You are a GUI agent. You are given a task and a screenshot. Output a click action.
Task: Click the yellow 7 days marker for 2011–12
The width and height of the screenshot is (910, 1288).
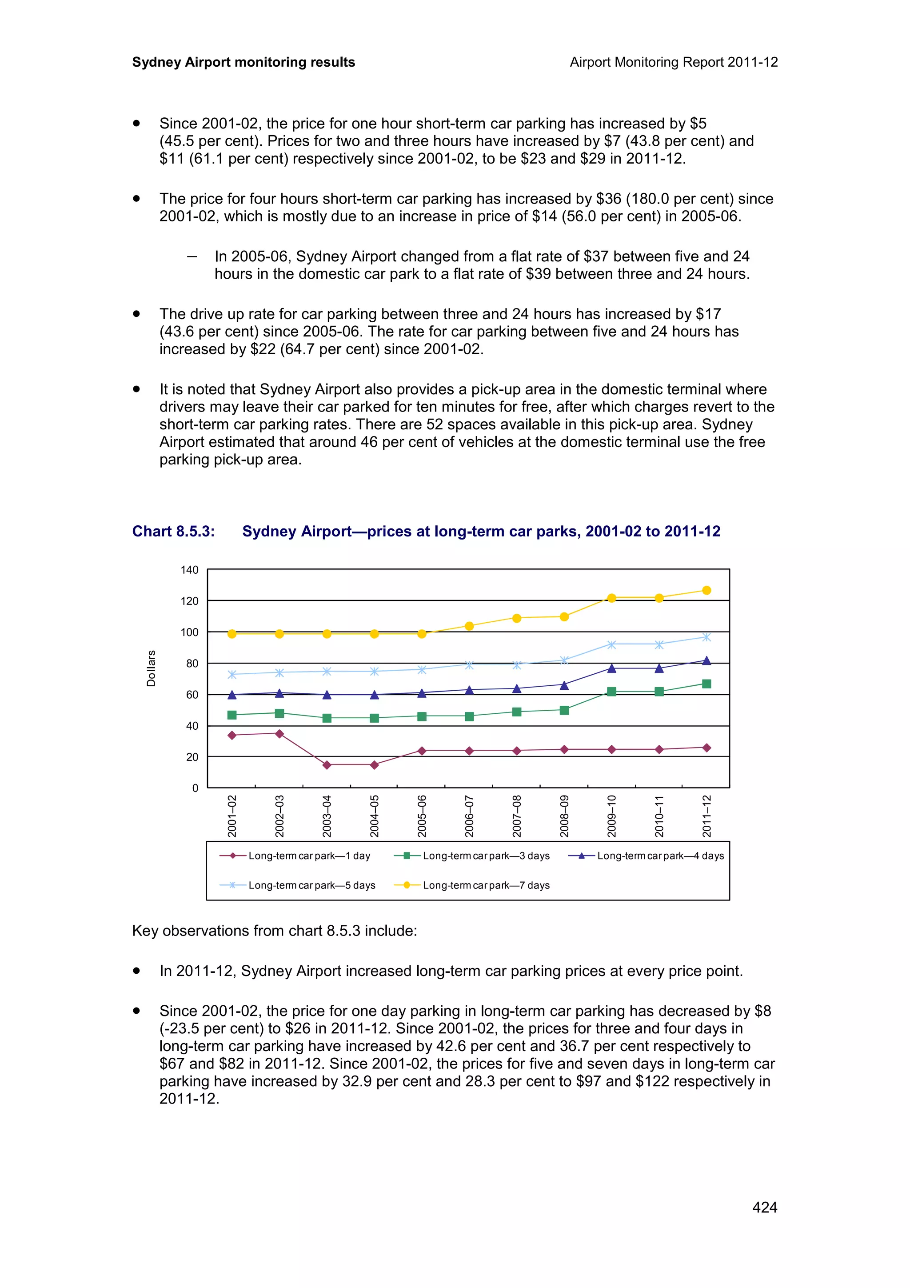point(706,590)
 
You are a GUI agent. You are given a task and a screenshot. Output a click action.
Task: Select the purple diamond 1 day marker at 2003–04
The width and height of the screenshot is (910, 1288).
point(327,764)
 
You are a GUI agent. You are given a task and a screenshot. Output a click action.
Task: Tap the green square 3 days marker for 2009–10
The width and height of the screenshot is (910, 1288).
point(612,692)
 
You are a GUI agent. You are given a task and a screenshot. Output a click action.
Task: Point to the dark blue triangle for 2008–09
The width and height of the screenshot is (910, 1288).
point(564,685)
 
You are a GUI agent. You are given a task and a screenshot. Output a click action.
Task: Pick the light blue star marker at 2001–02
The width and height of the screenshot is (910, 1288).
point(232,674)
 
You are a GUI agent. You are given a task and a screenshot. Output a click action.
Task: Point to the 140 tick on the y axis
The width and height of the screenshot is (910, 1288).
point(190,570)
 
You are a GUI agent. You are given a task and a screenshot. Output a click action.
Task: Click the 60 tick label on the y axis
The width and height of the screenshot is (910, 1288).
point(192,695)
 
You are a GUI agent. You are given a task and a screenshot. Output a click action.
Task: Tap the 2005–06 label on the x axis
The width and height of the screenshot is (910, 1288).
point(422,816)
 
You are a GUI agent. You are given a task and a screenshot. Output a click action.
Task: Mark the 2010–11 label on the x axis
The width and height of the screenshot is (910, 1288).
point(659,816)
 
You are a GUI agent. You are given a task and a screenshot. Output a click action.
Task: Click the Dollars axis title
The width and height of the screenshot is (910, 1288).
point(151,668)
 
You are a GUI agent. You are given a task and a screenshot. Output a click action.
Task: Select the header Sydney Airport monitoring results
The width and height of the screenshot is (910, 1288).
point(243,62)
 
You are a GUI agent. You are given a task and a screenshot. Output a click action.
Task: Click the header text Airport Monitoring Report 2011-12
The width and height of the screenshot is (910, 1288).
point(673,62)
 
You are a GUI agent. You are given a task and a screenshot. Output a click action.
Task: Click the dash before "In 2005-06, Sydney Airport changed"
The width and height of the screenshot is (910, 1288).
point(192,256)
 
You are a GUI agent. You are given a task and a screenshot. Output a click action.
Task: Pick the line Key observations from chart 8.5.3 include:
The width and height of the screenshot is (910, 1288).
point(274,931)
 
